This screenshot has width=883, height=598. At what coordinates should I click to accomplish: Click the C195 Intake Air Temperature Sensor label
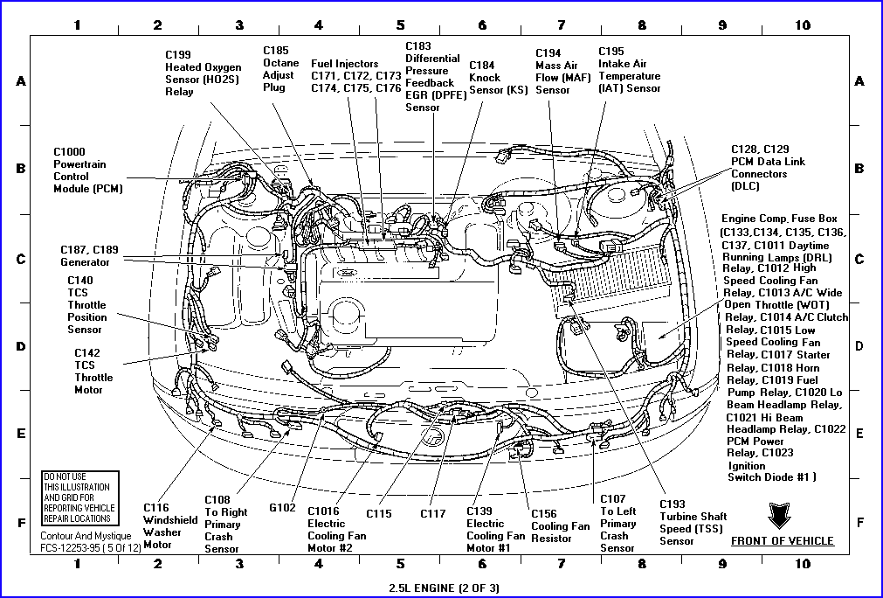(629, 70)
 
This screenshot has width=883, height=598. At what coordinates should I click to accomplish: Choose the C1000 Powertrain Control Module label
(87, 170)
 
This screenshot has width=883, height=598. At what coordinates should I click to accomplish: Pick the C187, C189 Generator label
(88, 256)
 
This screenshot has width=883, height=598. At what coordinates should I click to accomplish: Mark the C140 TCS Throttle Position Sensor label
(87, 305)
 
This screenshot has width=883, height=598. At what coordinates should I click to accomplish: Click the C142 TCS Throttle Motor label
(93, 372)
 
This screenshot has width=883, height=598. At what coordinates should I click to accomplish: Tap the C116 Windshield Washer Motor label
(162, 525)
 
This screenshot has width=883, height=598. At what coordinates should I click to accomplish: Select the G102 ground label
(283, 506)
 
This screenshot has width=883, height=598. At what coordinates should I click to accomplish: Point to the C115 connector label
(379, 513)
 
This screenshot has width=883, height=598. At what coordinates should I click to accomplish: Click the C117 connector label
(433, 513)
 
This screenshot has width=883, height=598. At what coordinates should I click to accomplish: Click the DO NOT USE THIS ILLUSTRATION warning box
(79, 497)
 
